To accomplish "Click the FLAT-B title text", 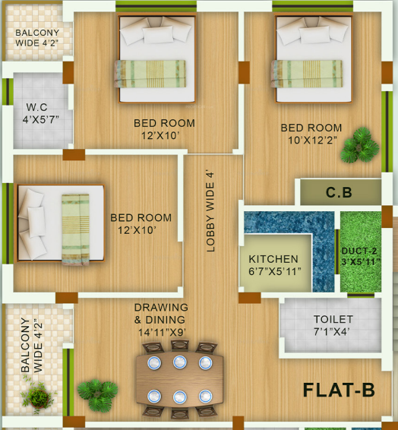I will pyautogui.click(x=339, y=390).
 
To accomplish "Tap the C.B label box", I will pyautogui.click(x=339, y=193).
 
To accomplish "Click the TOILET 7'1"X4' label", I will pyautogui.click(x=333, y=325).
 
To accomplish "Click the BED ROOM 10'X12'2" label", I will pyautogui.click(x=311, y=134).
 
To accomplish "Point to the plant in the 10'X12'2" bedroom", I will pyautogui.click(x=359, y=145).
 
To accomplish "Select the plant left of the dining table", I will pyautogui.click(x=96, y=394).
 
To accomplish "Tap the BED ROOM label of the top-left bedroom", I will pyautogui.click(x=164, y=129).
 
